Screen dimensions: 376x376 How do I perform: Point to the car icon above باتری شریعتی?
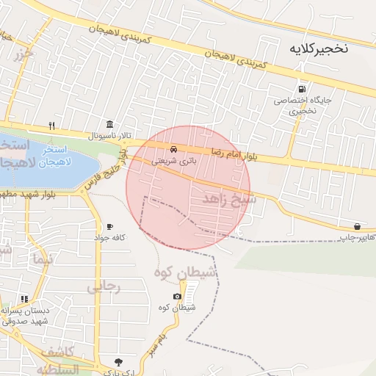click(173, 148)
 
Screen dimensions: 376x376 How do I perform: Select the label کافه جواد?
click(109, 237)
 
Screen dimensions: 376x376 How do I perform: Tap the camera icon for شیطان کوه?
click(177, 297)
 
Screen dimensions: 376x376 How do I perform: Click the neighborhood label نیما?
click(43, 258)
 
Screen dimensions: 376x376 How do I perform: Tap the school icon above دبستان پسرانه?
click(25, 299)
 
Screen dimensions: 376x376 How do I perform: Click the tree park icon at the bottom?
click(119, 361)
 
